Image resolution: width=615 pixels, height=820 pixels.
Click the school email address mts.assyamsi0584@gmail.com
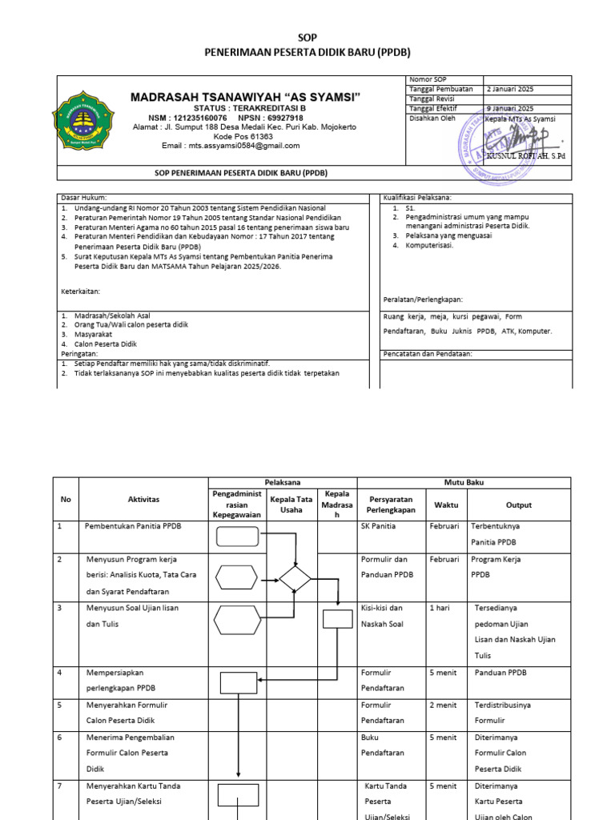click(231, 146)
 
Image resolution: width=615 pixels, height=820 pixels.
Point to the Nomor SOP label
click(428, 79)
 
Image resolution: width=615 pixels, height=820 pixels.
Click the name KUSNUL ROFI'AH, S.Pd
click(531, 155)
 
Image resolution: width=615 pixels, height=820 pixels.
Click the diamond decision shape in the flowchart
click(295, 577)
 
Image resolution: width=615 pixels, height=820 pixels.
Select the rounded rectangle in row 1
click(238, 537)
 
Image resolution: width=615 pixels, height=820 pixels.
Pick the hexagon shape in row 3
click(238, 619)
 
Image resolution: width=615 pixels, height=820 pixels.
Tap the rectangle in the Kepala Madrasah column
click(336, 619)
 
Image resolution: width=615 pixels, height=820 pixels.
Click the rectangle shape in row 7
click(238, 794)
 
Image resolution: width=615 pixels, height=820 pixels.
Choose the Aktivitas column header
click(143, 500)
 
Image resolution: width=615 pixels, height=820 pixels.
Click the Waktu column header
click(446, 505)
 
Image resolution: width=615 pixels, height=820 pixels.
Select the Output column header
click(518, 505)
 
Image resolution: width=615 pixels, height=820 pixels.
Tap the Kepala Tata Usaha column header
click(291, 504)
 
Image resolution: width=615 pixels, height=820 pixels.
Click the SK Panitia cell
click(379, 527)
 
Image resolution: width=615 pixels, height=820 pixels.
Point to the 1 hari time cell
click(439, 608)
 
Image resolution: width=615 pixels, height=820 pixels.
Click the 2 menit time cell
click(443, 705)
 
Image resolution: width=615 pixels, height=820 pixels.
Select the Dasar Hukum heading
click(83, 198)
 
